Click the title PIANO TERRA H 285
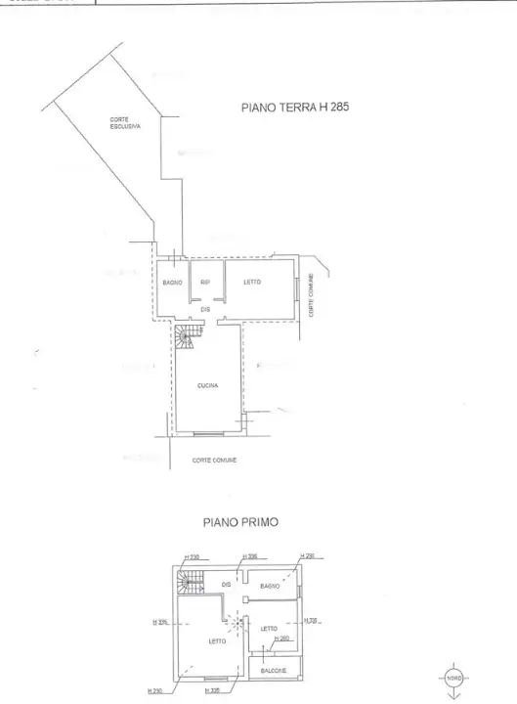(x=294, y=109)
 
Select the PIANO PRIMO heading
(x=239, y=522)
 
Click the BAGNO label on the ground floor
(x=172, y=283)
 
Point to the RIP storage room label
(x=205, y=283)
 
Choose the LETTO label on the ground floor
(x=251, y=282)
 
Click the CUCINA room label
(x=207, y=386)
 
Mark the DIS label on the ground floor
(x=205, y=309)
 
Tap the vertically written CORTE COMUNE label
(x=312, y=293)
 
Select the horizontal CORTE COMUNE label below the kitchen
(x=214, y=460)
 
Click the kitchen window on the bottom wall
(x=206, y=432)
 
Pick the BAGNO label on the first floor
(x=271, y=586)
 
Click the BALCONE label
(x=273, y=670)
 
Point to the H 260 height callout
(x=282, y=638)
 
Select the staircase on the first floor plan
(x=189, y=585)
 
